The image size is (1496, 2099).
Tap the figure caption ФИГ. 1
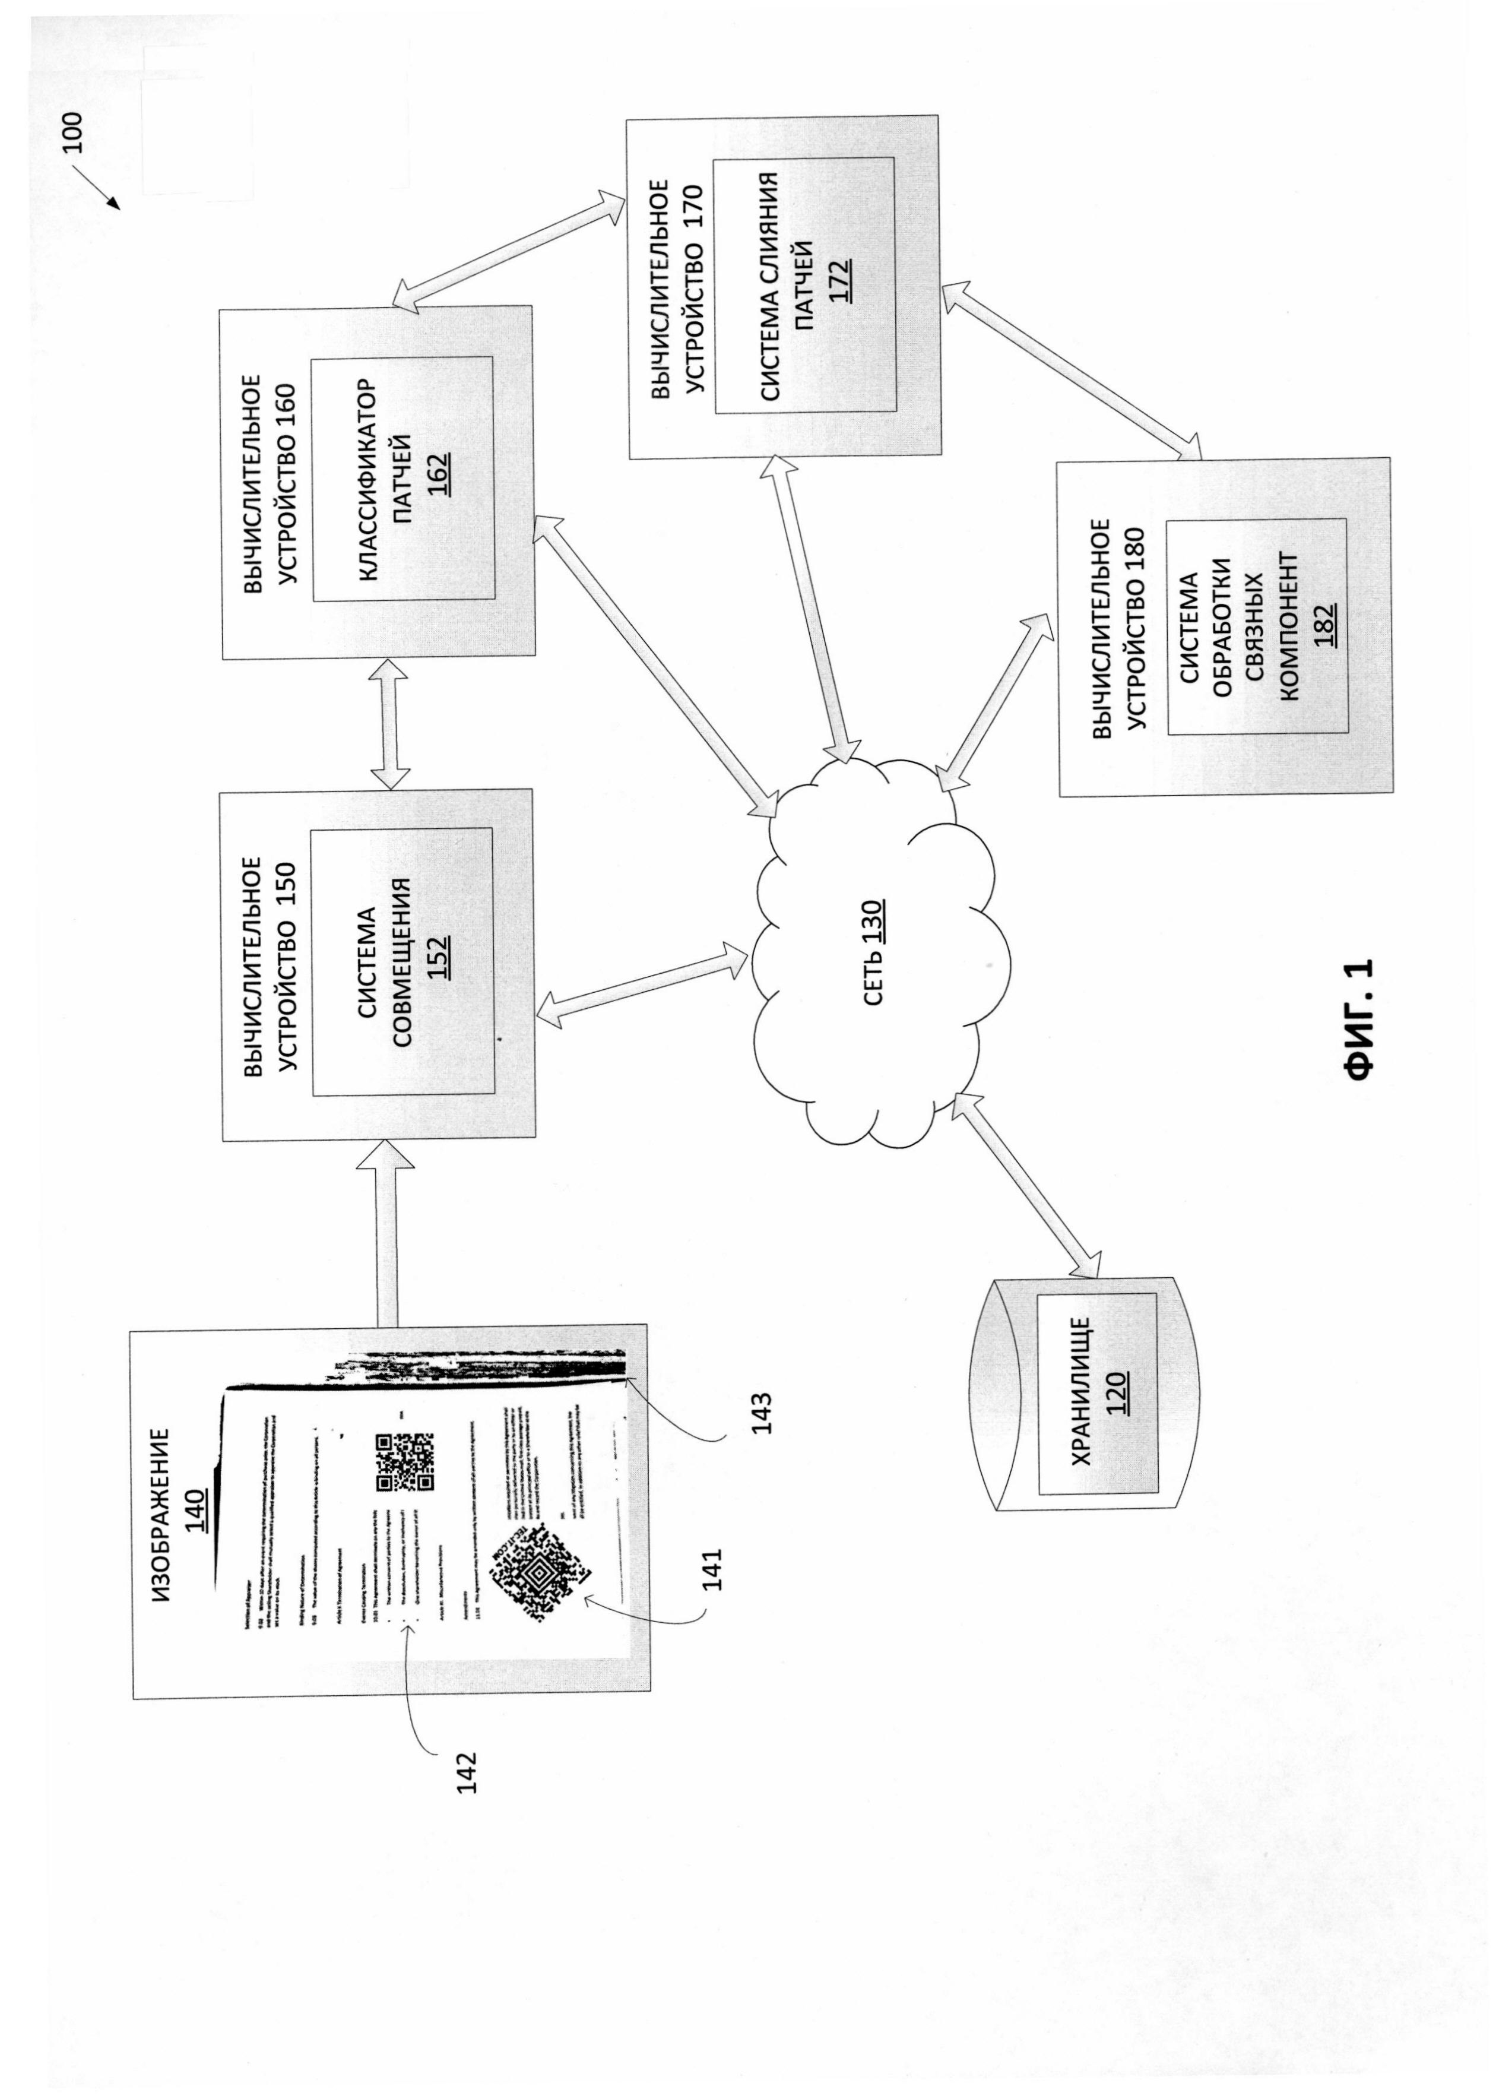(1359, 1018)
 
